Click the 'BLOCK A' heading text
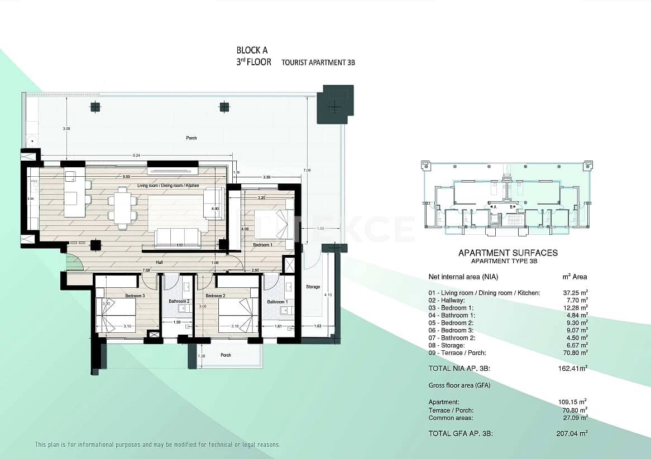(x=252, y=50)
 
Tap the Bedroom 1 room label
(x=263, y=245)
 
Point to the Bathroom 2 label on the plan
(x=179, y=301)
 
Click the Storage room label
(x=313, y=287)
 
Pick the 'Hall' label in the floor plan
(x=159, y=262)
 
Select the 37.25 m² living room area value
(x=575, y=293)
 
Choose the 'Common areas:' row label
(x=451, y=418)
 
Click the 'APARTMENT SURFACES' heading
(x=508, y=253)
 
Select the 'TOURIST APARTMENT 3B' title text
(x=318, y=63)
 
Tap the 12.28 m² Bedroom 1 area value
(x=575, y=308)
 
